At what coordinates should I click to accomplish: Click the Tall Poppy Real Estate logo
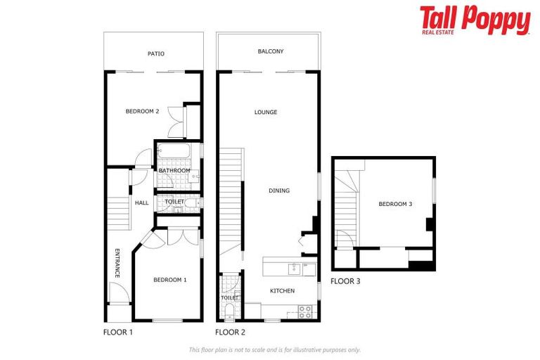coord(475,20)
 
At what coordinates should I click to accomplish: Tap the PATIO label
coord(156,53)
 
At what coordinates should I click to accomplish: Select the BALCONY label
coord(271,51)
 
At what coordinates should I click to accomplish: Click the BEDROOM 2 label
coord(142,111)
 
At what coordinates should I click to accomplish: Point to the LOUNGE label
coord(266,112)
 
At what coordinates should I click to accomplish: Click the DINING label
coord(279,191)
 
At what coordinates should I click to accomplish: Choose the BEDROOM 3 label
coord(395,204)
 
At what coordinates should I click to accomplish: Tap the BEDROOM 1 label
coord(170,279)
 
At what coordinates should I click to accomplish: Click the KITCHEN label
coord(283,290)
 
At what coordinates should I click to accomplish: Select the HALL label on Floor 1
coord(142,203)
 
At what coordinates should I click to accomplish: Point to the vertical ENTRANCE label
coord(118,263)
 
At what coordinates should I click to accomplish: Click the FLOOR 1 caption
coord(117,332)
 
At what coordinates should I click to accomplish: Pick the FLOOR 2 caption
coord(230,332)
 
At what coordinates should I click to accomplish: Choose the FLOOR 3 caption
coord(345,281)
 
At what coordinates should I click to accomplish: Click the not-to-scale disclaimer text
coord(274,349)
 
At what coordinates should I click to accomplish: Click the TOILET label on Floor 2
coord(229,297)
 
